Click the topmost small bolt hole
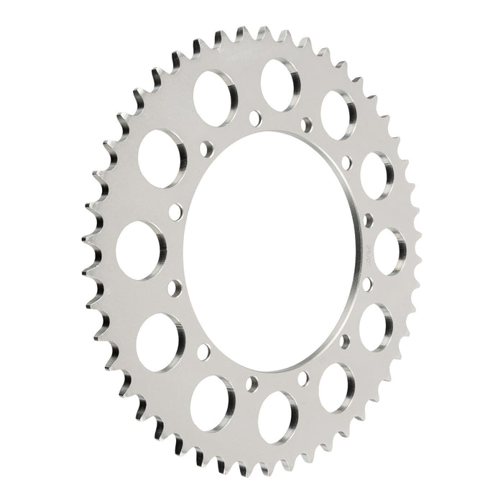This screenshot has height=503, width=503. pos(253,115)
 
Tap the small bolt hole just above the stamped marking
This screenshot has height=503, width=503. pos(367,219)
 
